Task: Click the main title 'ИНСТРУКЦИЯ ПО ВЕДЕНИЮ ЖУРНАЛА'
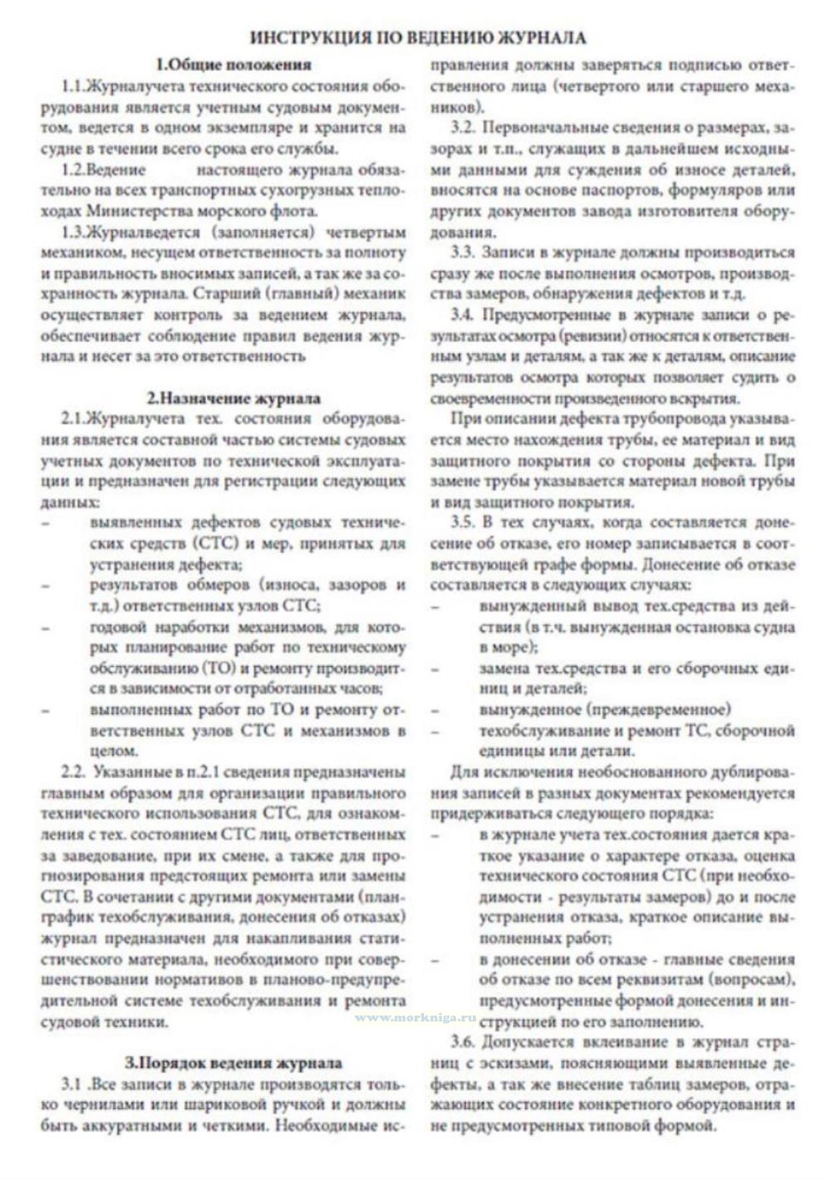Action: (418, 38)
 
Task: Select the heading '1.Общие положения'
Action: (233, 65)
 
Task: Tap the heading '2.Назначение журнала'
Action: (233, 399)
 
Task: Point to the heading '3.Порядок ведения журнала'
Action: (233, 1063)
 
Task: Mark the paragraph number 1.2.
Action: (74, 169)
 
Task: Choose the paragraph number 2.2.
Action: (74, 772)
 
